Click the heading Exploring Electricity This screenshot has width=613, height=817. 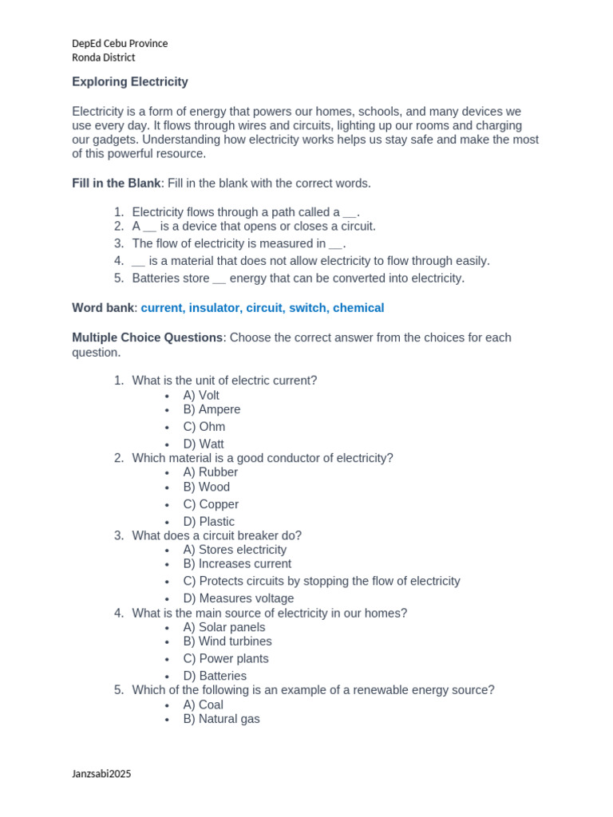(x=129, y=81)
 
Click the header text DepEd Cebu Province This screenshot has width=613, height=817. (x=120, y=43)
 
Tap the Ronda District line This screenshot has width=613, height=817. (x=103, y=57)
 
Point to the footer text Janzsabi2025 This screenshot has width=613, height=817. (x=101, y=773)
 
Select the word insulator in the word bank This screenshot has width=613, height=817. (x=213, y=308)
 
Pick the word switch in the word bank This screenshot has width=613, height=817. (x=307, y=308)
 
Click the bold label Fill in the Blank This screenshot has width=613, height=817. (x=117, y=184)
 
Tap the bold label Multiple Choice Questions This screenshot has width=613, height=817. (x=147, y=337)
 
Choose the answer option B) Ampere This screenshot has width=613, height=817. (x=212, y=409)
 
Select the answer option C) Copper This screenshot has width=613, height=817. (x=211, y=504)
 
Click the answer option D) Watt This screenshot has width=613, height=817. (x=204, y=444)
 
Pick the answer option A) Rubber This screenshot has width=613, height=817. (x=210, y=472)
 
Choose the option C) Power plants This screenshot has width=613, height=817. (x=226, y=658)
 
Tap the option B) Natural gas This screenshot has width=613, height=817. (x=221, y=719)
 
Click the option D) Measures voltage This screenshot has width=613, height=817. (x=238, y=598)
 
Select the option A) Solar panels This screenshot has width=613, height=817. (x=224, y=627)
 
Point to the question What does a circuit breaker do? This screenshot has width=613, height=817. (x=217, y=535)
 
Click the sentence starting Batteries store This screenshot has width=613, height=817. (x=298, y=278)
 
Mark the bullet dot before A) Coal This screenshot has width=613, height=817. (x=167, y=706)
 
